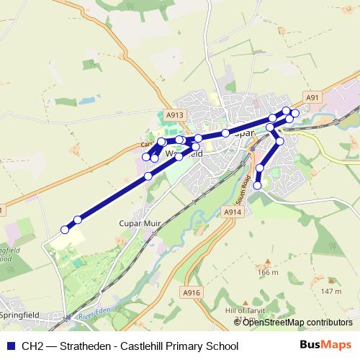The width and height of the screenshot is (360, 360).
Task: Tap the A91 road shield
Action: coord(312,98)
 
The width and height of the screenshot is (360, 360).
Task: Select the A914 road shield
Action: coord(231,212)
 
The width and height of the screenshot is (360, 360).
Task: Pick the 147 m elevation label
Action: coord(331,291)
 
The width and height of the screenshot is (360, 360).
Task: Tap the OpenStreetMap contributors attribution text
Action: coord(297,322)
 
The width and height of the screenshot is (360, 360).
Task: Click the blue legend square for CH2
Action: coord(9,346)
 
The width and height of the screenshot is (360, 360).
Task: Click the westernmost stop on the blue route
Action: coord(65,230)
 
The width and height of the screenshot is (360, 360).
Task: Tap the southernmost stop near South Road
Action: coord(258,186)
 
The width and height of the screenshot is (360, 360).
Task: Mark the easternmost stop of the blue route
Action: coord(294,114)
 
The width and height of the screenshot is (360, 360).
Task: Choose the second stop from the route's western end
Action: coord(78,220)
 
